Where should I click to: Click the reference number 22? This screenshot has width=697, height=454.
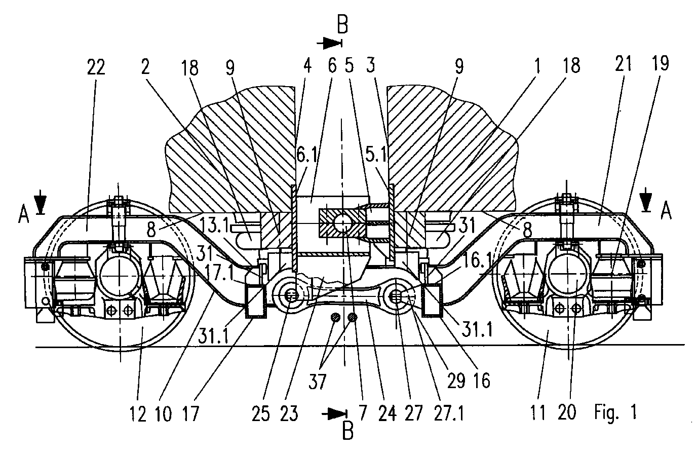click(x=96, y=66)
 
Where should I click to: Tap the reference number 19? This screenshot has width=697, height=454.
click(x=661, y=64)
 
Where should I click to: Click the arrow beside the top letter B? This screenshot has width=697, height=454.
click(x=329, y=44)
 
